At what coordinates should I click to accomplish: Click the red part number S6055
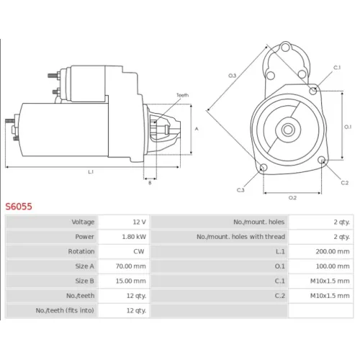click(19, 207)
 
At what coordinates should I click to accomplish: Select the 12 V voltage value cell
click(140, 222)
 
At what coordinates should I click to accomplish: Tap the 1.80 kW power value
click(134, 237)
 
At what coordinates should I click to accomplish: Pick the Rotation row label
click(81, 251)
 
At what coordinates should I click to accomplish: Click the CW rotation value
click(139, 251)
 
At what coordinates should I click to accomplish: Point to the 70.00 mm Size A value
click(131, 266)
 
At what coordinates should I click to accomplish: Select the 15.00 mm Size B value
click(131, 281)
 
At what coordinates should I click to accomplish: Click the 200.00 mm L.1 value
click(333, 251)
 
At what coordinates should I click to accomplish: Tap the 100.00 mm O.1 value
click(333, 266)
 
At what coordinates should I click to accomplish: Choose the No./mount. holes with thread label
click(240, 237)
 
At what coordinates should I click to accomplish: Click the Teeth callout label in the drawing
click(182, 95)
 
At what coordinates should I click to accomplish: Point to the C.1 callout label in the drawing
click(337, 68)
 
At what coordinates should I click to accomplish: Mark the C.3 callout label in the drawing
click(240, 190)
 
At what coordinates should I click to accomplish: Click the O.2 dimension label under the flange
click(292, 198)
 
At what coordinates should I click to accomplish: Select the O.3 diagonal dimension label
click(232, 76)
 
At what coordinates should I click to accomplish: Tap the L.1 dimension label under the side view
click(91, 172)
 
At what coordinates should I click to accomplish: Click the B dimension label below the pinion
click(150, 183)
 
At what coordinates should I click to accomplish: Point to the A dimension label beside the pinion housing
click(197, 129)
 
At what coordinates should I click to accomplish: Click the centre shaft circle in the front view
click(288, 130)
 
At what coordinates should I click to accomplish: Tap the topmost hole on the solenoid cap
click(285, 47)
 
